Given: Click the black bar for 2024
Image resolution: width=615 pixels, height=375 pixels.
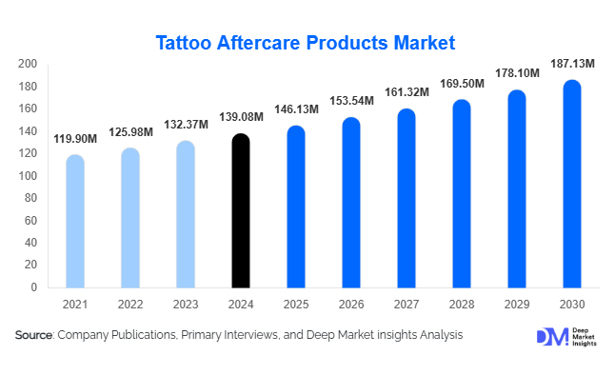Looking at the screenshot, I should (x=241, y=210).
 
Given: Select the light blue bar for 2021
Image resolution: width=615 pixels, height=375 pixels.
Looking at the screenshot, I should (x=75, y=221).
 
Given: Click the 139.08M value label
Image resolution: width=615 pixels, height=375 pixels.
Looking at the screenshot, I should (x=241, y=118).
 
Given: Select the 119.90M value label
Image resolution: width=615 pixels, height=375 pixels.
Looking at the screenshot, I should (x=75, y=139).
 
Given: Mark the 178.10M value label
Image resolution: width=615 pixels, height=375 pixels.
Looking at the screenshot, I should (x=517, y=73).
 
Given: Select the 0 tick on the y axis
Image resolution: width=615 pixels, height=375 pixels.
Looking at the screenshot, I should (x=34, y=287).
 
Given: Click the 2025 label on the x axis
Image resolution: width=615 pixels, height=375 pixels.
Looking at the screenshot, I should (x=296, y=304).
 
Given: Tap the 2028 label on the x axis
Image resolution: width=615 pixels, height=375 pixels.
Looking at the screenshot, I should (x=462, y=304).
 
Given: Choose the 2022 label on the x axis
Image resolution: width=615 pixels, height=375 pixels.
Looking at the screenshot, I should (x=130, y=304).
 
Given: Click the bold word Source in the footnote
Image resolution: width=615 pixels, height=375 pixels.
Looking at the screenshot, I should (x=34, y=335).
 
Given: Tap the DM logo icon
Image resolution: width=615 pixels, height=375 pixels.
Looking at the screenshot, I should (x=551, y=336).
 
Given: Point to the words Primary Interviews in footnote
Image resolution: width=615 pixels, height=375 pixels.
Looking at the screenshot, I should (x=233, y=335).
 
